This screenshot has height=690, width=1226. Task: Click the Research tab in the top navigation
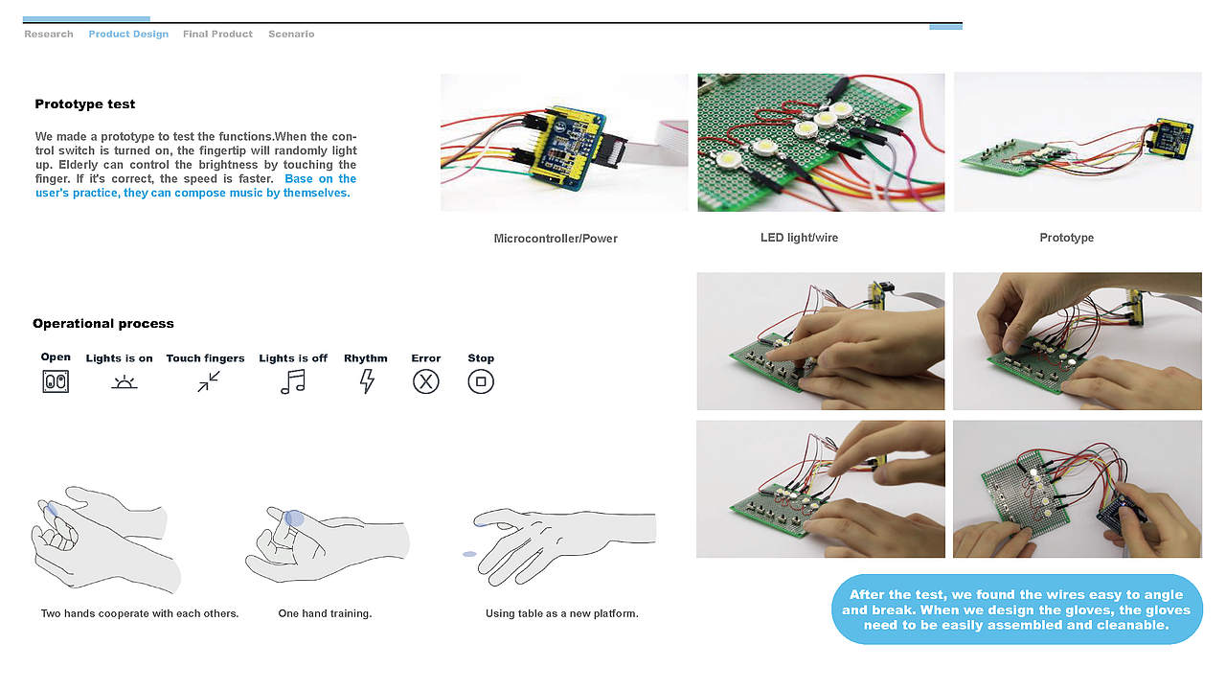[49, 34]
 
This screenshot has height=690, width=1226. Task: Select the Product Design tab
[128, 34]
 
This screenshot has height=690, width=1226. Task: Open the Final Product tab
[217, 34]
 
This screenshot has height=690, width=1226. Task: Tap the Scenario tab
[291, 34]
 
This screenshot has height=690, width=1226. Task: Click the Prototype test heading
[85, 104]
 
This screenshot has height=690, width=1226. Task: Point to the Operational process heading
[103, 324]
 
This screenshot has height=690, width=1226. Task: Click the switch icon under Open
[56, 381]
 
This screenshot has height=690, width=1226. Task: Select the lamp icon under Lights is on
[125, 381]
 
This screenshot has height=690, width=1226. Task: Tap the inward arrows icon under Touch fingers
[209, 381]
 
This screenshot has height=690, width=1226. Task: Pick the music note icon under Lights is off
[292, 381]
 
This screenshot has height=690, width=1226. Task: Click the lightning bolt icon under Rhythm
[366, 381]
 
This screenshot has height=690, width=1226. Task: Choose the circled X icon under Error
[425, 381]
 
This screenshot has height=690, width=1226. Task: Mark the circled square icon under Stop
[481, 381]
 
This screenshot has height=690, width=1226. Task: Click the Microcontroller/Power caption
[556, 239]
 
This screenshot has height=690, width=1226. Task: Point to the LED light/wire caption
[799, 238]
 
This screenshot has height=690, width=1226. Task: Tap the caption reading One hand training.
[325, 613]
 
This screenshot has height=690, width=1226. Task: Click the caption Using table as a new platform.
[561, 613]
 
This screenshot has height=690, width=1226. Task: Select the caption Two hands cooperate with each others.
[140, 613]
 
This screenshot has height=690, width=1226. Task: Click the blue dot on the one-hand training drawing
[295, 518]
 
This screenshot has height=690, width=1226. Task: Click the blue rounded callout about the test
[1016, 609]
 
